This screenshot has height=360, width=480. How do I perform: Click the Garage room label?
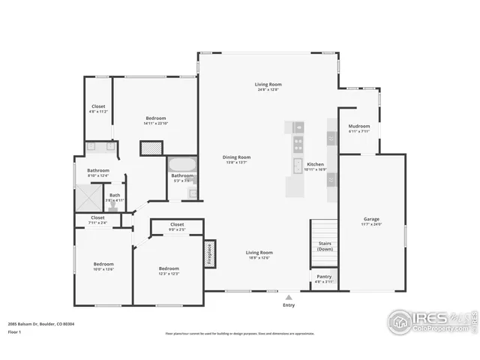pos(372,221)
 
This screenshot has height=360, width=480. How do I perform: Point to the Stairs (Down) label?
pos(324,246)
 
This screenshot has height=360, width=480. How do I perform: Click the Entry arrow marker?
pos(289,297)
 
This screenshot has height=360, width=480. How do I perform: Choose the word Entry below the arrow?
pos(289,305)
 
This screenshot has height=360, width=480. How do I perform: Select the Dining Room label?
pos(236,159)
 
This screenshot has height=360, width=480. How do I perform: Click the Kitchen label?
pos(315,166)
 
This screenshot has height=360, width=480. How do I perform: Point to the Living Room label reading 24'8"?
pos(268,87)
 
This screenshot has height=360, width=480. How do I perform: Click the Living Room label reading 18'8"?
pos(259,255)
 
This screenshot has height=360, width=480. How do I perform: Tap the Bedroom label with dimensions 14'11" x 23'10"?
pos(155,121)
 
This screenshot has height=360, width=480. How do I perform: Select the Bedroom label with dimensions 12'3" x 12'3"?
pos(169,271)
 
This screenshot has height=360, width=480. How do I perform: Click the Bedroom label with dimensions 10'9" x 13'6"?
pos(103,266)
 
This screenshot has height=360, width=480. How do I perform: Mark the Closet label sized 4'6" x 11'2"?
pos(99,109)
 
